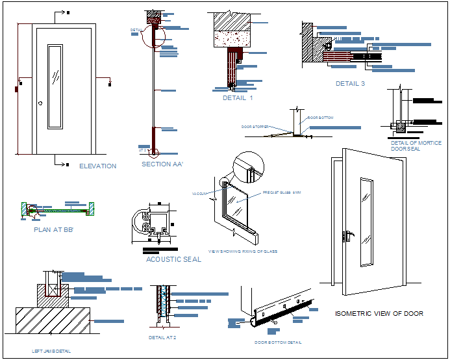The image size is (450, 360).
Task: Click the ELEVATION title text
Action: pyautogui.click(x=97, y=166)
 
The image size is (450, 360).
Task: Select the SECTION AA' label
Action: pyautogui.click(x=162, y=164)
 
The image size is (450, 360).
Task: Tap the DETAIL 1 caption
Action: pyautogui.click(x=238, y=98)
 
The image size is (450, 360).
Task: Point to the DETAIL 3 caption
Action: pyautogui.click(x=350, y=84)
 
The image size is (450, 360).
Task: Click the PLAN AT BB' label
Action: pyautogui.click(x=53, y=229)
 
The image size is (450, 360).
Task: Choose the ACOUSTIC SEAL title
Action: pyautogui.click(x=173, y=259)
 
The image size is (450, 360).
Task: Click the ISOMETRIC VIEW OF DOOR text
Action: pyautogui.click(x=379, y=314)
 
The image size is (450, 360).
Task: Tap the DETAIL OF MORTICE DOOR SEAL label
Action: pyautogui.click(x=416, y=146)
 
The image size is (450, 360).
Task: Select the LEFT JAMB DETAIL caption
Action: pyautogui.click(x=51, y=352)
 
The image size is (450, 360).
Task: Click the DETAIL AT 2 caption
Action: pyautogui.click(x=162, y=338)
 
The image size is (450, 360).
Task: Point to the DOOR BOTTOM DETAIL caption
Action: pyautogui.click(x=278, y=342)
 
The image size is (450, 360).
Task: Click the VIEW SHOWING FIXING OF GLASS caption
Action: pyautogui.click(x=242, y=251)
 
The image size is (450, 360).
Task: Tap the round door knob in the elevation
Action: pyautogui.click(x=40, y=103)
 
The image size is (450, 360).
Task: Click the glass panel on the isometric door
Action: pyautogui.click(x=366, y=221)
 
